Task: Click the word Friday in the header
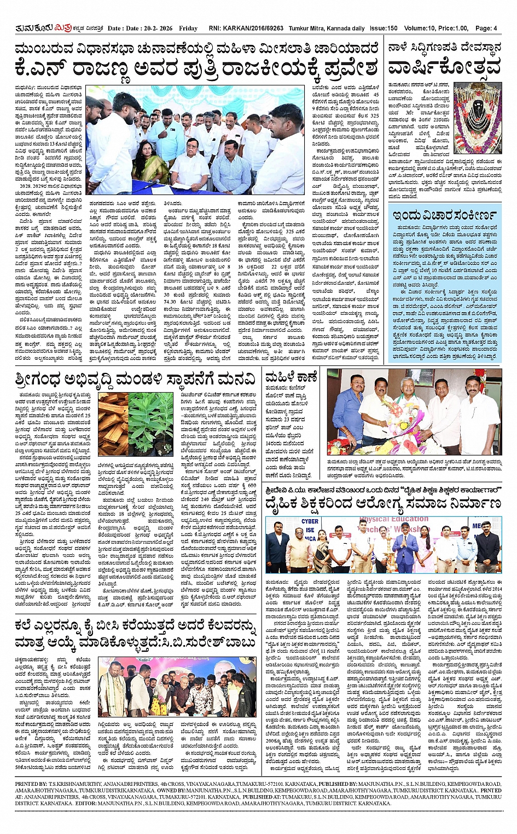tap(188, 28)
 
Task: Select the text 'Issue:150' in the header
tap(384, 28)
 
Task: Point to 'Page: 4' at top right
tap(486, 28)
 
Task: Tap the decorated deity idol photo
tap(477, 118)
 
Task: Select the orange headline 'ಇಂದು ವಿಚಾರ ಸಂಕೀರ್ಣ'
tap(444, 214)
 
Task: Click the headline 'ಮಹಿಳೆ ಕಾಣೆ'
tap(291, 377)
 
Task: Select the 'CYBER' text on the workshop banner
tap(310, 521)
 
